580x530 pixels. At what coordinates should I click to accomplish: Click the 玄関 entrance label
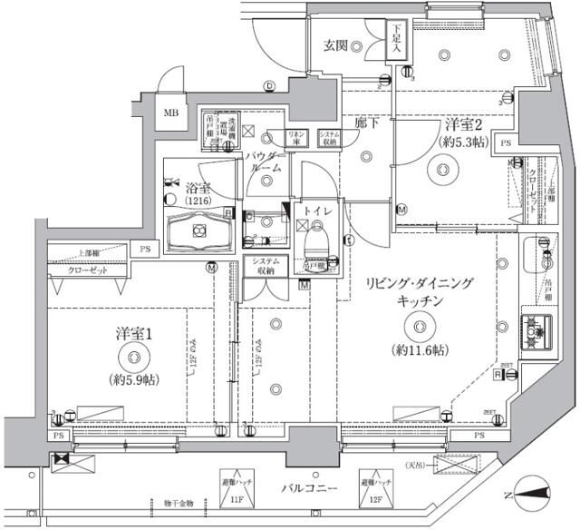point(335,46)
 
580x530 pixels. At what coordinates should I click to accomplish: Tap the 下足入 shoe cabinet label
point(397,41)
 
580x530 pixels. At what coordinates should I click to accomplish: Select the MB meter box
point(171,114)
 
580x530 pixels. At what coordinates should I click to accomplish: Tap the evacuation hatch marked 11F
point(233,489)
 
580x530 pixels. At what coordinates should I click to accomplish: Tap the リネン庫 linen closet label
point(296,138)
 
